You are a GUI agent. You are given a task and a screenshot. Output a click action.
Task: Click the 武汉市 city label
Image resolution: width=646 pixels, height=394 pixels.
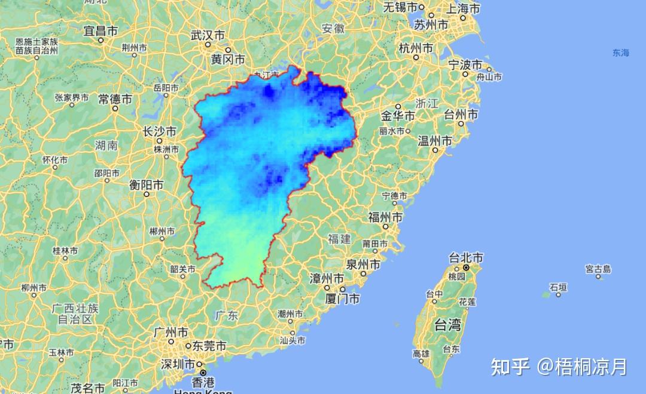[208, 36]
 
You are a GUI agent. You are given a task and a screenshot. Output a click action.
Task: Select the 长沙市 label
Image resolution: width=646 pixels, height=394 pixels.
[159, 131]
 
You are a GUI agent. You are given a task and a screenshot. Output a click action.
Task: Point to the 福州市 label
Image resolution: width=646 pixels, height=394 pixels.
[385, 216]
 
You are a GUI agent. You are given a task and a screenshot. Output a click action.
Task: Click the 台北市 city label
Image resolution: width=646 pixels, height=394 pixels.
[466, 258]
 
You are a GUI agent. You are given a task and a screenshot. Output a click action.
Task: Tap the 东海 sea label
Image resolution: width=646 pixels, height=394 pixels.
[620, 53]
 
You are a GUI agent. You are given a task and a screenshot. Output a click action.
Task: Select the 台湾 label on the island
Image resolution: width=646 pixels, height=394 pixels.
[447, 325]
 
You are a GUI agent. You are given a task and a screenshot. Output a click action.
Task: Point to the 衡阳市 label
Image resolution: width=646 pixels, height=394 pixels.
[146, 185]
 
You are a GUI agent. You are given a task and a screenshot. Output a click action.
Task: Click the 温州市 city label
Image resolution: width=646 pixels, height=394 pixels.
[435, 141]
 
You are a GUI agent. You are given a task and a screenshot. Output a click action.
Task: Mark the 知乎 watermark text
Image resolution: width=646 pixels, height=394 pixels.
[510, 366]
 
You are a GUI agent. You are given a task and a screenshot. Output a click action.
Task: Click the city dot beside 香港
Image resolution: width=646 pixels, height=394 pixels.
[203, 373]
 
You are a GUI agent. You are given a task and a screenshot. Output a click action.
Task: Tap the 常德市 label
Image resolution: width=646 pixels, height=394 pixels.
[115, 99]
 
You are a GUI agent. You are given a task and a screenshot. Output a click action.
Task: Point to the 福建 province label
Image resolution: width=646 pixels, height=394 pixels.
[339, 239]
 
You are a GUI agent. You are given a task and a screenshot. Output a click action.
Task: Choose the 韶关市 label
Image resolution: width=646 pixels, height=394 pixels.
[182, 269]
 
